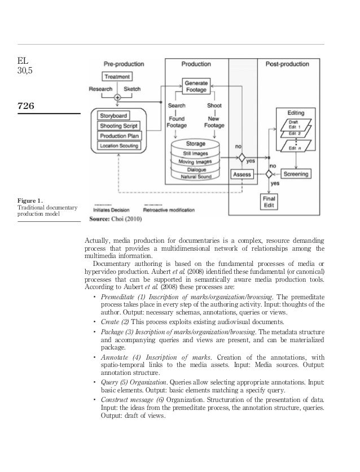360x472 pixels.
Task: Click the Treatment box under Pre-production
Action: pos(117,76)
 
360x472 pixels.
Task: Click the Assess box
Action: pos(241,174)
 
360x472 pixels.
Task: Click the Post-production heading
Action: pos(287,65)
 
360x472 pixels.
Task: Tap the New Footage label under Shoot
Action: pos(214,122)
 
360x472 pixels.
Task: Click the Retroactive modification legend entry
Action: pos(169,207)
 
